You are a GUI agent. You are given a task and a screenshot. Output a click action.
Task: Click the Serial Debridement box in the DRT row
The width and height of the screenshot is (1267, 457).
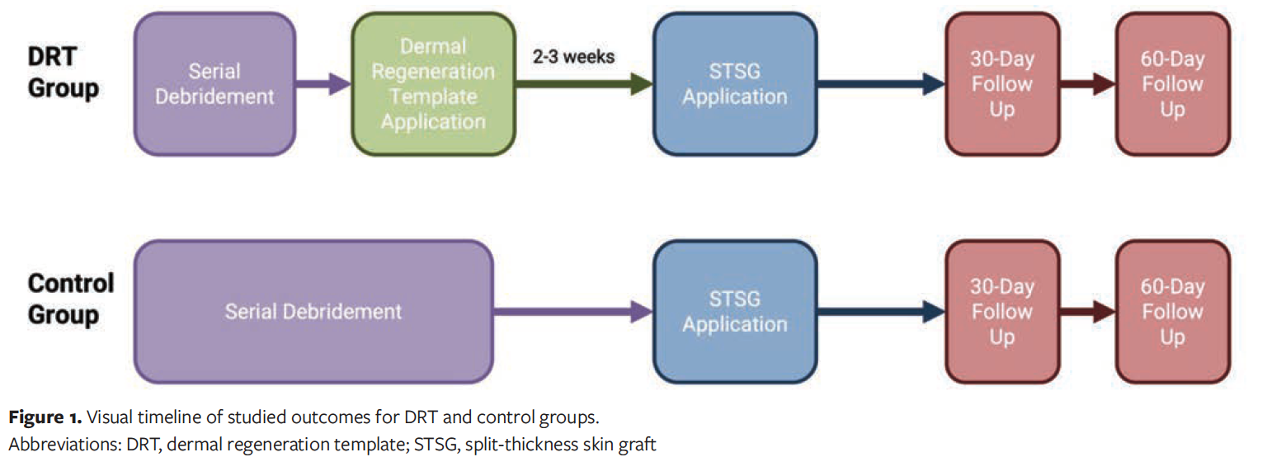pyautogui.click(x=215, y=83)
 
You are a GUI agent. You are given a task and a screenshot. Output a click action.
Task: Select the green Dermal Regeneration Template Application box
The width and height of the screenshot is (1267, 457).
pyautogui.click(x=433, y=83)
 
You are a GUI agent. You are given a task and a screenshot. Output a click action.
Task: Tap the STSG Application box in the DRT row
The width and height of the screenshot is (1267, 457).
pyautogui.click(x=735, y=83)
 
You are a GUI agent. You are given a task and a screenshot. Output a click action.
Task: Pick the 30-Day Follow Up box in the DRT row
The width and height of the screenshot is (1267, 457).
pyautogui.click(x=1001, y=83)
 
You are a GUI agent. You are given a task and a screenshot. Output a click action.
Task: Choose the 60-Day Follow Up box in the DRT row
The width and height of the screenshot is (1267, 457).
pyautogui.click(x=1172, y=83)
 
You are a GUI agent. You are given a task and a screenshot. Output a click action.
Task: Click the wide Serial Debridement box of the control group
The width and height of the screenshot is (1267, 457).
pyautogui.click(x=313, y=312)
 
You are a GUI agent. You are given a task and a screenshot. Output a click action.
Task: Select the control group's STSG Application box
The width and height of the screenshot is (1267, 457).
pyautogui.click(x=735, y=312)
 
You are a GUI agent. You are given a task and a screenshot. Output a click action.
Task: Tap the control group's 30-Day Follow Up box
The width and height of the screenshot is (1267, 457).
pyautogui.click(x=1001, y=312)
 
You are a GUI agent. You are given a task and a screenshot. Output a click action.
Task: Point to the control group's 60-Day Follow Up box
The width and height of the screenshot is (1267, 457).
pyautogui.click(x=1172, y=312)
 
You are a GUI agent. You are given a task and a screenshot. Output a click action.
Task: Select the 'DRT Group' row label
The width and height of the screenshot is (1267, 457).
pyautogui.click(x=64, y=72)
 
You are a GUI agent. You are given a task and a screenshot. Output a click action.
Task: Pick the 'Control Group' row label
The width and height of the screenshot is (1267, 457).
pyautogui.click(x=71, y=299)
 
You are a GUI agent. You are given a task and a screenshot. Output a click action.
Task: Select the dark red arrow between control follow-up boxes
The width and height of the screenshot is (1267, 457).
pyautogui.click(x=1086, y=312)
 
